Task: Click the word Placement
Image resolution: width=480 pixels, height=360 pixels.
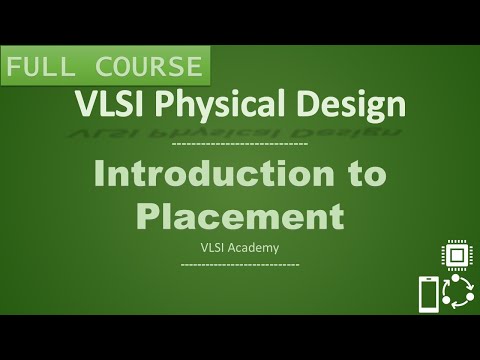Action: click(x=239, y=216)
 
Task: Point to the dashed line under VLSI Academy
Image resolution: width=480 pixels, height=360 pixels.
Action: click(x=239, y=264)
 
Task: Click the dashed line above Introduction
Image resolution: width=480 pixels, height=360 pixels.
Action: click(x=239, y=145)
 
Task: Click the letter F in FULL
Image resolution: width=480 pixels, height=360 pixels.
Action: click(x=16, y=67)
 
